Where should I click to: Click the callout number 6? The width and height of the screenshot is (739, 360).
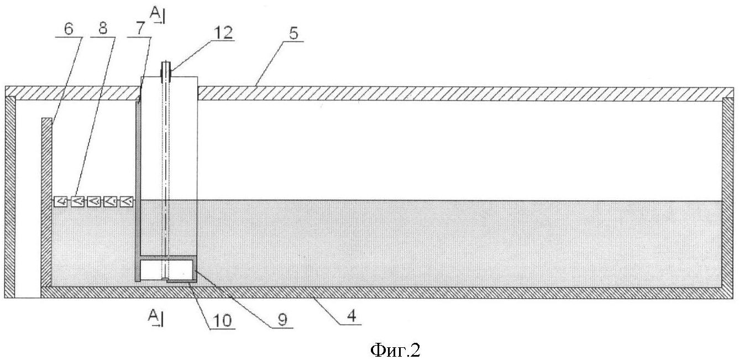(69, 29)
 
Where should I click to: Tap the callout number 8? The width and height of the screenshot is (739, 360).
(103, 28)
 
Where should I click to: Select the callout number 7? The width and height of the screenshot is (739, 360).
(140, 29)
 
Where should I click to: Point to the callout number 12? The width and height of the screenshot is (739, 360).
(223, 33)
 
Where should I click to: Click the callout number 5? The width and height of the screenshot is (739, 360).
(293, 33)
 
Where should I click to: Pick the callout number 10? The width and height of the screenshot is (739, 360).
(222, 320)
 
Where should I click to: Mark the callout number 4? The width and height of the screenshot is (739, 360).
(352, 316)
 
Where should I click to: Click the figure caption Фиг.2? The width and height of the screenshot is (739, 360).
(395, 350)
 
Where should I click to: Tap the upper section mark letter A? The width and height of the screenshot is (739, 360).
(154, 13)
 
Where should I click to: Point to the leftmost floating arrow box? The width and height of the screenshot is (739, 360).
(61, 201)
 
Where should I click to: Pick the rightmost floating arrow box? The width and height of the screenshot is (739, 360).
(127, 201)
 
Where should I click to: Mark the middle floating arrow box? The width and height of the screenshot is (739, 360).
(94, 201)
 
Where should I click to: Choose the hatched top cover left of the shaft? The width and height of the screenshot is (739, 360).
(72, 93)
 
